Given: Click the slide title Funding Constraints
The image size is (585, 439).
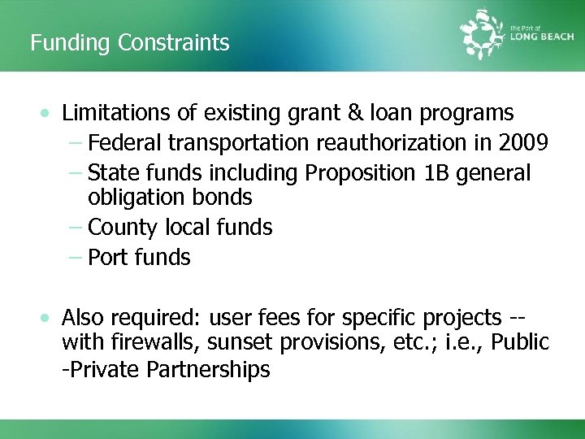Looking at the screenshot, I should (130, 42).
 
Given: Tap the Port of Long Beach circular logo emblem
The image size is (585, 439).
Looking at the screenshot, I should (483, 34).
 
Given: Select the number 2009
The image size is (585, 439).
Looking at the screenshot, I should (523, 143).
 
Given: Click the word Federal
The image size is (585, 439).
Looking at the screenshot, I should (123, 143).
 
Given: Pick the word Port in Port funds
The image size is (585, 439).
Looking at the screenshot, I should (105, 258).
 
